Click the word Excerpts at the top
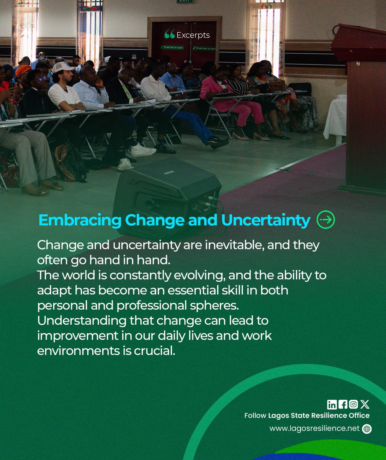pos(193,35)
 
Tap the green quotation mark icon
pos(169,35)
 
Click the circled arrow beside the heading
pos(326,220)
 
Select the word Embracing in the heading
pos(80,220)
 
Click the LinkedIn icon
pos(332,404)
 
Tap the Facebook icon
pos(343,404)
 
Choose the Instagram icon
pos(353,404)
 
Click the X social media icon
pos(365,404)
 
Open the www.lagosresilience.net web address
pos(314,429)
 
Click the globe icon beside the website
pos(367,429)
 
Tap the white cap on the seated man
pos(62,67)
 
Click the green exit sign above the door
pos(185,2)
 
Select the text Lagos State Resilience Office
pos(319,416)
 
